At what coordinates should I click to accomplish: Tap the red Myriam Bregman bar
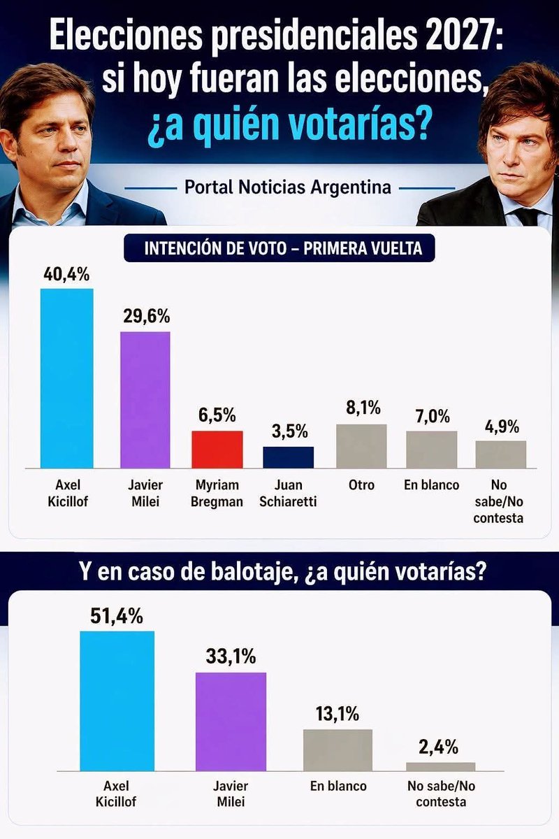click(217, 449)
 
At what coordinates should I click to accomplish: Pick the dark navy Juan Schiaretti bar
click(288, 457)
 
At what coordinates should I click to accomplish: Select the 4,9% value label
click(500, 426)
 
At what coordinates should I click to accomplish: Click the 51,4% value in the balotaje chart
click(117, 616)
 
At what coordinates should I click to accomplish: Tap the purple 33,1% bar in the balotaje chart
click(231, 721)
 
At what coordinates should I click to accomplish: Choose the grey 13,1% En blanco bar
click(337, 750)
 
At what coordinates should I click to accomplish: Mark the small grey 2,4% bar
click(440, 766)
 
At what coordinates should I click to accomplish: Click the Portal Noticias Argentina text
click(287, 187)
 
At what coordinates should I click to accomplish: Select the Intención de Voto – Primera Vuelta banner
click(279, 249)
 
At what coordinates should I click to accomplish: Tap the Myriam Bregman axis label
click(217, 492)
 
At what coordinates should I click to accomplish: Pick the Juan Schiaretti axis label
click(288, 492)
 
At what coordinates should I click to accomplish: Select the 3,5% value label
click(288, 431)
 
